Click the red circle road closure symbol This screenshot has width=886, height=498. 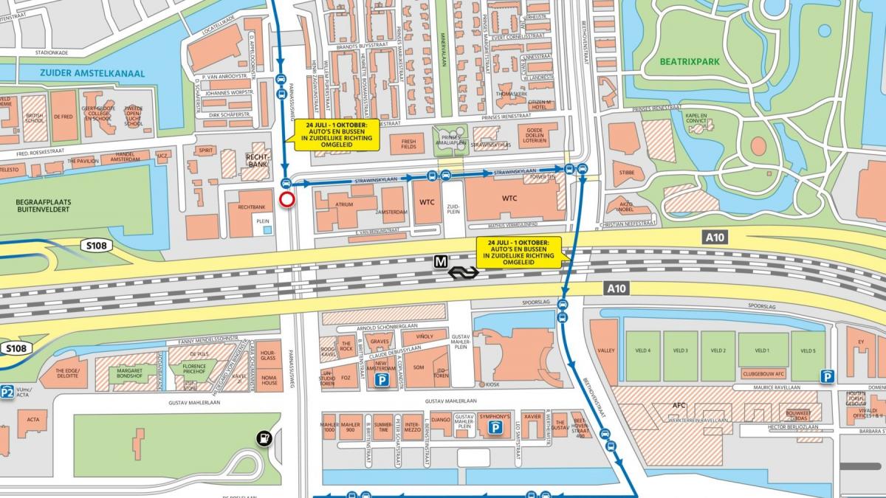click(287, 200)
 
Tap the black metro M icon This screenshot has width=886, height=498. click(442, 260)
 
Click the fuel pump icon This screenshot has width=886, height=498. click(264, 438)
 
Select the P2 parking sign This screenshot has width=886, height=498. click(7, 392)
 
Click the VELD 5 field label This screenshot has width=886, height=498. click(808, 350)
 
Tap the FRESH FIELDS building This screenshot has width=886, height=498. click(408, 143)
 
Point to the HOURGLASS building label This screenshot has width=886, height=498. click(268, 355)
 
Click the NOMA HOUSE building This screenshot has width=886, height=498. click(269, 380)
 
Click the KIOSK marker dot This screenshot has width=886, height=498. click(481, 384)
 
